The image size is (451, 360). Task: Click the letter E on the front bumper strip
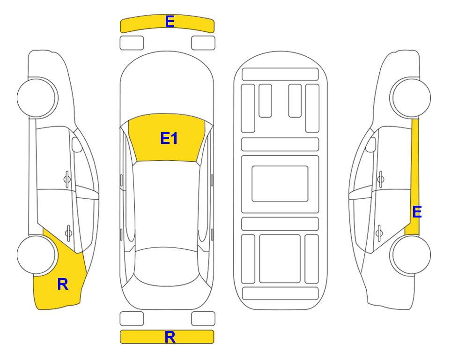pyautogui.click(x=170, y=22)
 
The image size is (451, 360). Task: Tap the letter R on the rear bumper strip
pyautogui.click(x=170, y=337)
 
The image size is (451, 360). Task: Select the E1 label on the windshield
pyautogui.click(x=169, y=138)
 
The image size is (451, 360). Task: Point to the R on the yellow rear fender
pyautogui.click(x=63, y=284)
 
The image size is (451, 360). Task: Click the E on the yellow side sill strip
pyautogui.click(x=417, y=212)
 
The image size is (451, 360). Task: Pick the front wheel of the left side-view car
pyautogui.click(x=37, y=97)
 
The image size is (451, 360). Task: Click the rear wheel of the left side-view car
pyautogui.click(x=37, y=255)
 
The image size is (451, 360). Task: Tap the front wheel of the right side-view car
pyautogui.click(x=411, y=97)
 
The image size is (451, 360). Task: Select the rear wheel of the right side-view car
pyautogui.click(x=411, y=255)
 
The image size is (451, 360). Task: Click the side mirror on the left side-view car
pyautogui.click(x=76, y=144)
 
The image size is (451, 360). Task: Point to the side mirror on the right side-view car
pyautogui.click(x=371, y=144)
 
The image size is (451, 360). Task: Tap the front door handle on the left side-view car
pyautogui.click(x=67, y=179)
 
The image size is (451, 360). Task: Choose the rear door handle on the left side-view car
pyautogui.click(x=68, y=232)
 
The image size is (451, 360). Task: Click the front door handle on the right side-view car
pyautogui.click(x=381, y=179)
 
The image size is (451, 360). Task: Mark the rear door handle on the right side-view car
pyautogui.click(x=379, y=232)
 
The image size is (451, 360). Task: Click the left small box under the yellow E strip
pyautogui.click(x=132, y=43)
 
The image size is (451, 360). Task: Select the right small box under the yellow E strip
pyautogui.click(x=203, y=43)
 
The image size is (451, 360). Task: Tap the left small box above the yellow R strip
pyautogui.click(x=132, y=319)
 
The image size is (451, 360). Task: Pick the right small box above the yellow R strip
pyautogui.click(x=203, y=319)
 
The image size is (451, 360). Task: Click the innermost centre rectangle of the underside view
pyautogui.click(x=280, y=184)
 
